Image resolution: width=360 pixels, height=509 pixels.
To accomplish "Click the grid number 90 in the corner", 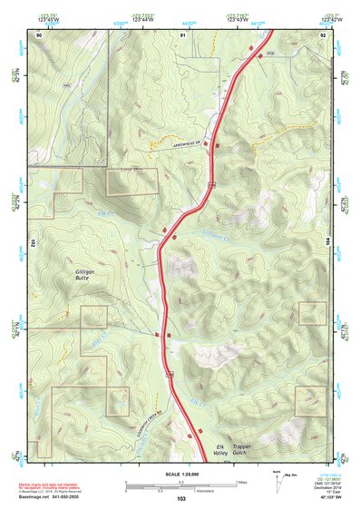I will [39, 34].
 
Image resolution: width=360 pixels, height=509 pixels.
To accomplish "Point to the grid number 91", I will [182, 34].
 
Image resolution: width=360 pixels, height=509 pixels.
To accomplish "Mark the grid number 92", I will [323, 34].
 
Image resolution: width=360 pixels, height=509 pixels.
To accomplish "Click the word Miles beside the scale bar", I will [241, 480].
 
